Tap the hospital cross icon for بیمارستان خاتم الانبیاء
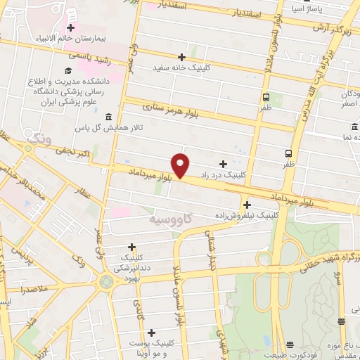(x=70, y=27)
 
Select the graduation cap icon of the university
(x=68, y=70)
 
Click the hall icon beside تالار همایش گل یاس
(x=108, y=117)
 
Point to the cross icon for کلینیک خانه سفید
(x=181, y=57)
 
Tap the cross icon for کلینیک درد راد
(x=223, y=163)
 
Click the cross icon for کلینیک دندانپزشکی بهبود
(x=131, y=247)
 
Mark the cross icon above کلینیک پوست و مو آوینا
(x=151, y=332)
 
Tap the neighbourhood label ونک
(x=37, y=141)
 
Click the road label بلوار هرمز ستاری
(x=169, y=109)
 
